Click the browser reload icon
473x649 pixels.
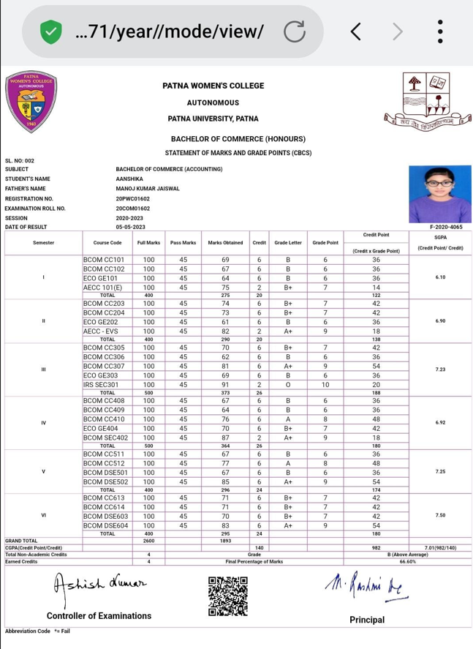tap(295, 31)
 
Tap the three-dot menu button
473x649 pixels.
tap(440, 31)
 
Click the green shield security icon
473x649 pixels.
tap(50, 31)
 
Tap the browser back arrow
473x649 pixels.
tap(355, 31)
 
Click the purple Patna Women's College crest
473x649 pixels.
tap(31, 102)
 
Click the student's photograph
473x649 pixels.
tap(439, 194)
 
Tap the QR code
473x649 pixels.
tap(228, 596)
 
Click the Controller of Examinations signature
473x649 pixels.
tap(99, 585)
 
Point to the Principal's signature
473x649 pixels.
tap(366, 586)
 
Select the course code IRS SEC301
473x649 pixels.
tap(101, 385)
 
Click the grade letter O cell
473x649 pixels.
tap(288, 385)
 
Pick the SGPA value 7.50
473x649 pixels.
tap(440, 516)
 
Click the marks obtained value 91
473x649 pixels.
tap(225, 385)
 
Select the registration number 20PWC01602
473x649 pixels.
tap(132, 198)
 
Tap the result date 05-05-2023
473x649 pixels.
tap(130, 227)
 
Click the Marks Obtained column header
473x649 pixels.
tap(225, 243)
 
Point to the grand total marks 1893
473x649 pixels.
tap(225, 541)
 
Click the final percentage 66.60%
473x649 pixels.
tap(408, 562)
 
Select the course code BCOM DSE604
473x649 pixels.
tap(106, 525)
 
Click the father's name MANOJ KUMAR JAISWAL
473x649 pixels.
tap(147, 189)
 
